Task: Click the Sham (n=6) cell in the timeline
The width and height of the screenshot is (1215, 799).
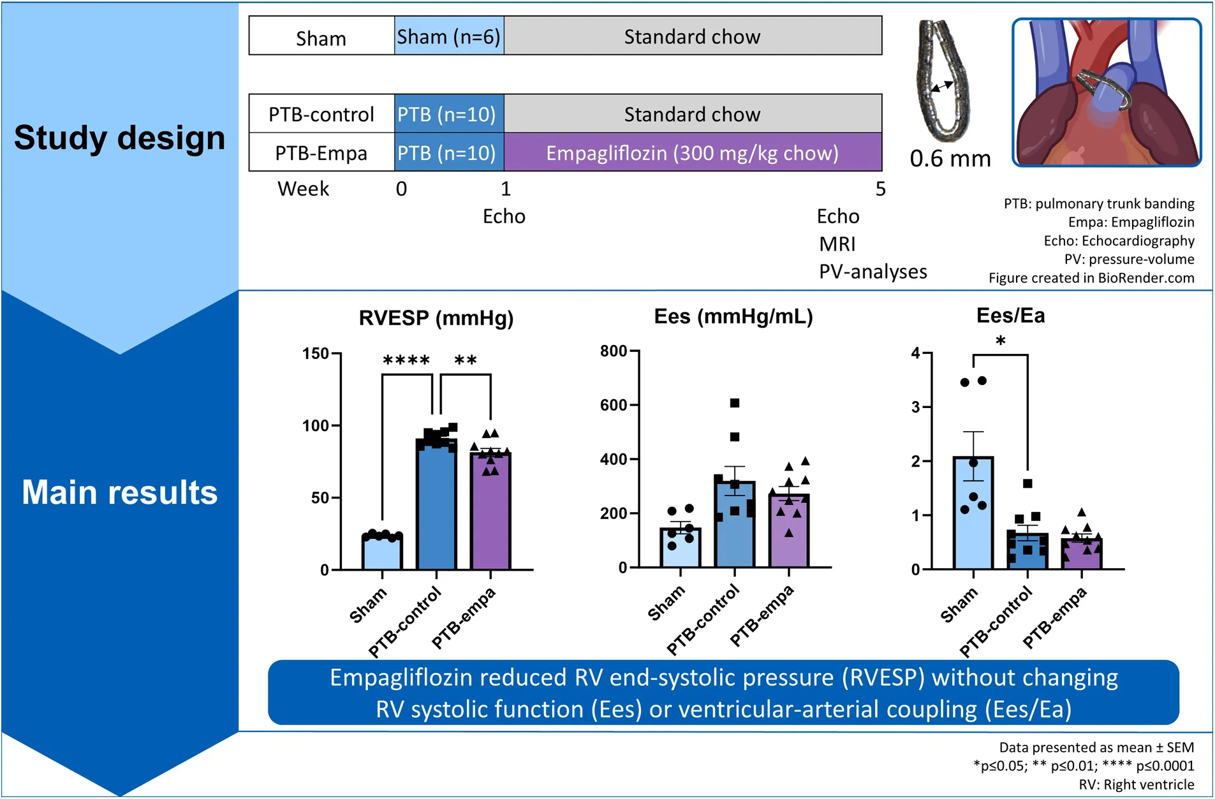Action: coord(449,37)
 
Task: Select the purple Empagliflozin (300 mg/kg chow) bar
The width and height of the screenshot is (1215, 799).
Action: coord(693,153)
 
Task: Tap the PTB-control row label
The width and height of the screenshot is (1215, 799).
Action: coord(321,115)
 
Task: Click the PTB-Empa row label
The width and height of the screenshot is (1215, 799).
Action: coord(321,154)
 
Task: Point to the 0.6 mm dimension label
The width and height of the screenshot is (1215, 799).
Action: coord(950,159)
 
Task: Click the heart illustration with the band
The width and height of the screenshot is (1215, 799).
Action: coord(1107,93)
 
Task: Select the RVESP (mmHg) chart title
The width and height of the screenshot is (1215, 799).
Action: coord(436,318)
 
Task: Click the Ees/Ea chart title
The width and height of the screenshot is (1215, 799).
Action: coord(1010,316)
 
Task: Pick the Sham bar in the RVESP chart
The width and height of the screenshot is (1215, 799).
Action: coord(382,552)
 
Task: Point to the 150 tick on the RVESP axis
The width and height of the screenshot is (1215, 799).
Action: coord(316,354)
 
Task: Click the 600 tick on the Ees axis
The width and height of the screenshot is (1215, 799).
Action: coord(614,405)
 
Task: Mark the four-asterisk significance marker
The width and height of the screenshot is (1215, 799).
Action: coord(406,361)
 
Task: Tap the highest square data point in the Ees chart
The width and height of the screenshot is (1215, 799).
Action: coord(735,403)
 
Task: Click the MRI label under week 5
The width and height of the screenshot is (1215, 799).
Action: coord(837,244)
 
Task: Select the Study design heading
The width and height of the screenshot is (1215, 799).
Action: coord(119,138)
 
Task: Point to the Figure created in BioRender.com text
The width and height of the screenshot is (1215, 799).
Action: coord(1091,278)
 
